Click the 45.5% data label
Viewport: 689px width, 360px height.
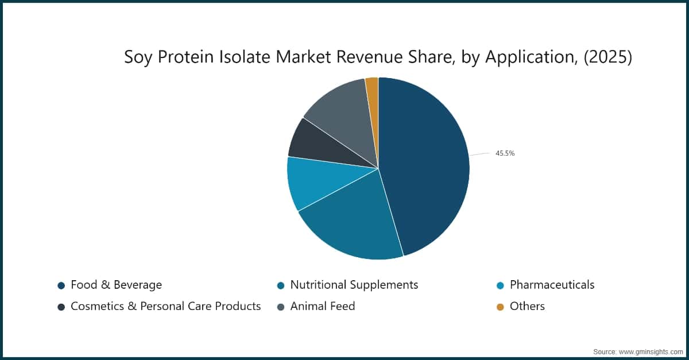(x=505, y=153)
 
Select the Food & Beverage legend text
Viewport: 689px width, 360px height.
(x=116, y=285)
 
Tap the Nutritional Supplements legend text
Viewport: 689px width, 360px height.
(x=354, y=285)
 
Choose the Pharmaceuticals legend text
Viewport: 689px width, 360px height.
(x=552, y=285)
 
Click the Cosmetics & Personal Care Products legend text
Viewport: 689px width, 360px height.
(x=165, y=307)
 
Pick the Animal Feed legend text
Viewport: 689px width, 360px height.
(x=322, y=307)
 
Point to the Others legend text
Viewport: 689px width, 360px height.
(x=527, y=307)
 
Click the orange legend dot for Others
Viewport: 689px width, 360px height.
(x=500, y=307)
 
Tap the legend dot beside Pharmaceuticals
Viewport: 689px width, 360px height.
(x=500, y=285)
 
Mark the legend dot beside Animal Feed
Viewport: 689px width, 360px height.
(x=281, y=307)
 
